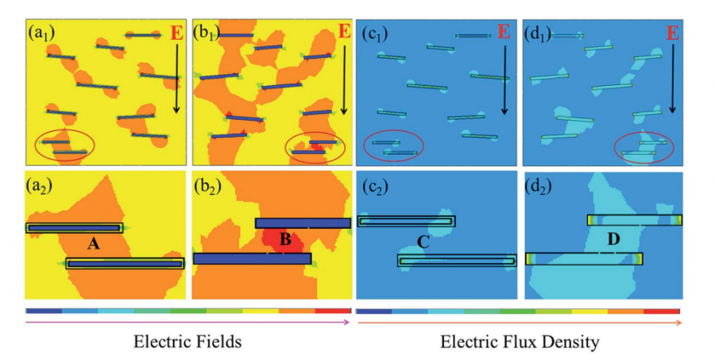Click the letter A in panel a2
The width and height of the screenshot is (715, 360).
click(93, 245)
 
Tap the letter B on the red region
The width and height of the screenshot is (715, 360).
click(285, 238)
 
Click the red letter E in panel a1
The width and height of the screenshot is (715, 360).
click(176, 33)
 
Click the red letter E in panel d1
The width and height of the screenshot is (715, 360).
click(672, 33)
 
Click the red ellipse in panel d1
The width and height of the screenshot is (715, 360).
click(644, 148)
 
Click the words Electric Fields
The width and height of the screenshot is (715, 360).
click(188, 342)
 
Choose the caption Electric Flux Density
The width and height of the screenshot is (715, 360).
click(520, 342)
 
